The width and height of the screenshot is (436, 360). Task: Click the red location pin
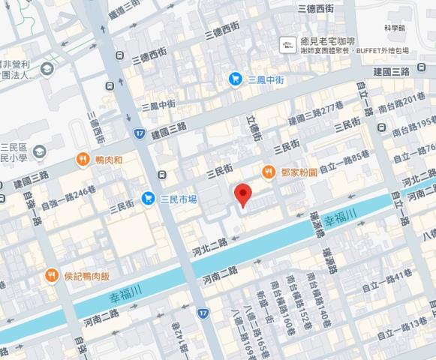coord(242,193)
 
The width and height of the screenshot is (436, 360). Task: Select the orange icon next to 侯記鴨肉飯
coord(51,275)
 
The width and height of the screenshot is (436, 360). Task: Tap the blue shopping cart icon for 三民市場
coord(148,199)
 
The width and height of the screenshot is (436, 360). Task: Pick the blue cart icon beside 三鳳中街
coord(235,78)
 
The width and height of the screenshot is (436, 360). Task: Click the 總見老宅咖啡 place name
coord(328,42)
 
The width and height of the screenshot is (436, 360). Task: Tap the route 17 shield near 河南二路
coord(203,312)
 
